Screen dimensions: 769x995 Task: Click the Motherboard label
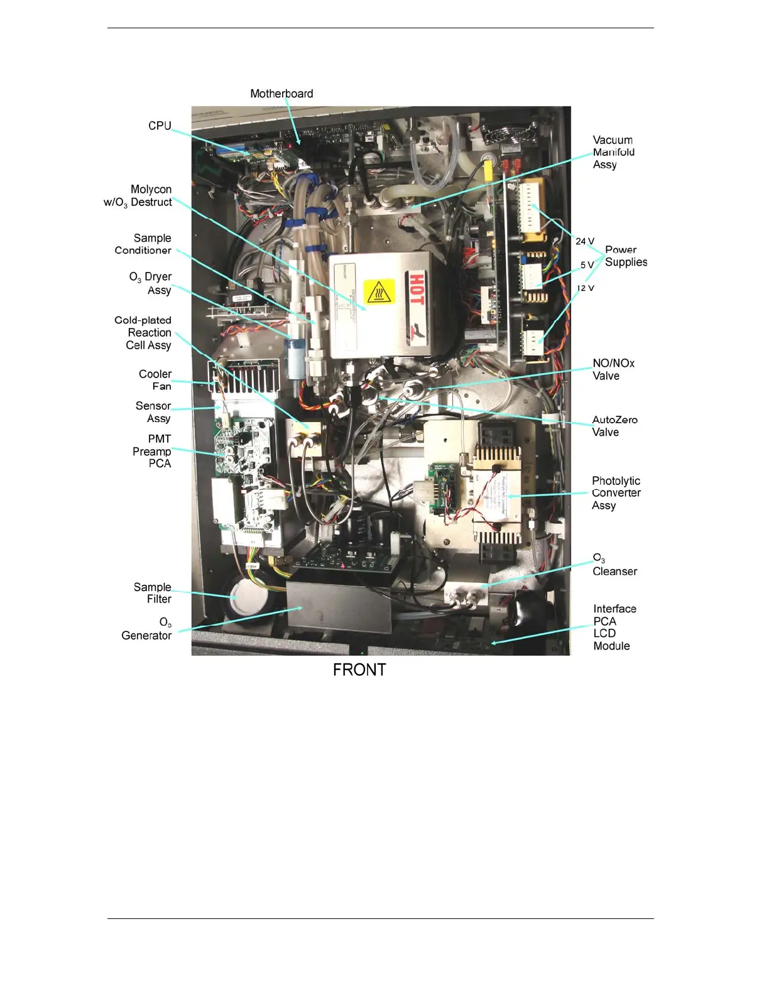281,94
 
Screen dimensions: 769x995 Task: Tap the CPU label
160,126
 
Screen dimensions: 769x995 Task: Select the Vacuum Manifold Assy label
613,152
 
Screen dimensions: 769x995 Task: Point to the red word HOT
417,289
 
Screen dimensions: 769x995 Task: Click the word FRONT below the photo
359,670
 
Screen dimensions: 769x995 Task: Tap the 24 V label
585,241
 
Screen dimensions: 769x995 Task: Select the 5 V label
587,265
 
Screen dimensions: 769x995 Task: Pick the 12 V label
586,288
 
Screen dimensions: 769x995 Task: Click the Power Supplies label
625,256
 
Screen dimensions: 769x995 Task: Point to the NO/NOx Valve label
613,369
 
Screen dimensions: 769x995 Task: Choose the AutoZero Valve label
614,426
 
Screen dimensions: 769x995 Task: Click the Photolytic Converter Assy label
616,493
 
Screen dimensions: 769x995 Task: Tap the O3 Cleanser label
614,565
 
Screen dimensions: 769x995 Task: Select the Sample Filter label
153,593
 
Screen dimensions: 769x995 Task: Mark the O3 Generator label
147,629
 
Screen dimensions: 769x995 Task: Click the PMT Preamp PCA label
152,451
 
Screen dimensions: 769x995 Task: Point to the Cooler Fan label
155,380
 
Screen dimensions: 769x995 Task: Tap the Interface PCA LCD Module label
614,628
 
